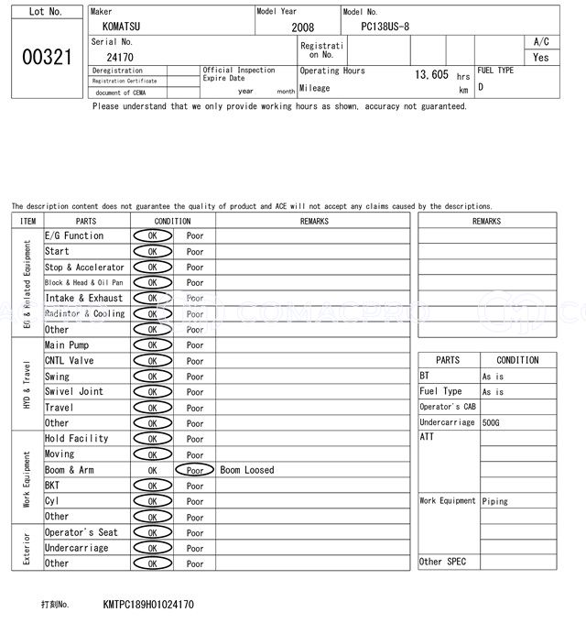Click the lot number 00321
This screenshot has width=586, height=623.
(x=46, y=58)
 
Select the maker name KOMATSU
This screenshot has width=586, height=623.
(x=121, y=27)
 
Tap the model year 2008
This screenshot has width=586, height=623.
(x=302, y=27)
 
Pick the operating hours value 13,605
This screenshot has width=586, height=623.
(x=431, y=75)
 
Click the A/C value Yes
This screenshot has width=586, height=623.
(x=541, y=57)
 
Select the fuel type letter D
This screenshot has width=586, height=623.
(x=481, y=87)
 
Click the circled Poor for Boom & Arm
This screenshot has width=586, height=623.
(x=194, y=470)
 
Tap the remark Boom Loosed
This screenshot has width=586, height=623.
(x=246, y=470)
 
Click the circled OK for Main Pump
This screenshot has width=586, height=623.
(x=152, y=345)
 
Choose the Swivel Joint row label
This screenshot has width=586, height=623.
(x=74, y=392)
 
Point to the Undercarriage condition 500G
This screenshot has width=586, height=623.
(x=492, y=422)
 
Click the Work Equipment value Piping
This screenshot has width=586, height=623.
(x=495, y=501)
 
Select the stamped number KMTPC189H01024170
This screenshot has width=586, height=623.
(x=148, y=605)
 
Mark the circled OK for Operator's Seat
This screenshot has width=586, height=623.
(x=152, y=532)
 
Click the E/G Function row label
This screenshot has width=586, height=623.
(x=74, y=236)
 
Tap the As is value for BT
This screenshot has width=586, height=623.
(x=493, y=377)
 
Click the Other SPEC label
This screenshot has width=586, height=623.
(x=442, y=562)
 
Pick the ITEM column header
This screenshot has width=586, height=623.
(x=27, y=221)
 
